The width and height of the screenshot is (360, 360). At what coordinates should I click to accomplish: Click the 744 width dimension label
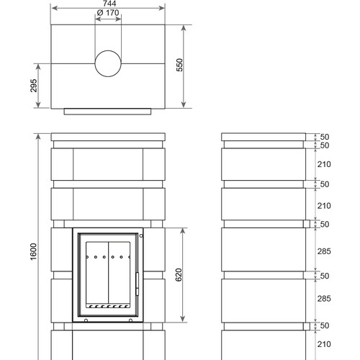point(109,4)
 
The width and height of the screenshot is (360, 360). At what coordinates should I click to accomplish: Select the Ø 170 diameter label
point(108,12)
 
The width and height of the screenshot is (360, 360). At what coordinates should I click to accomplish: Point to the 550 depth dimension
point(179,65)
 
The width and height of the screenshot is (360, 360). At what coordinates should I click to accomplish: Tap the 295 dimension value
point(34,86)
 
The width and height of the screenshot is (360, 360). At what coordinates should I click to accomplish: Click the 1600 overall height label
point(34,251)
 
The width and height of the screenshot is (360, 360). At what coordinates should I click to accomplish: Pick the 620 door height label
point(179,275)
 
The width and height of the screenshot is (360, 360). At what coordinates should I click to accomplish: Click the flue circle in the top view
point(108,63)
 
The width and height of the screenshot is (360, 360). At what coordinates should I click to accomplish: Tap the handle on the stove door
point(138,284)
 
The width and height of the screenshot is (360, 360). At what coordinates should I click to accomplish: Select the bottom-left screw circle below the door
point(86,320)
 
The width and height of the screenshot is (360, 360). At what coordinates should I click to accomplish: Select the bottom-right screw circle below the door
point(130,320)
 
